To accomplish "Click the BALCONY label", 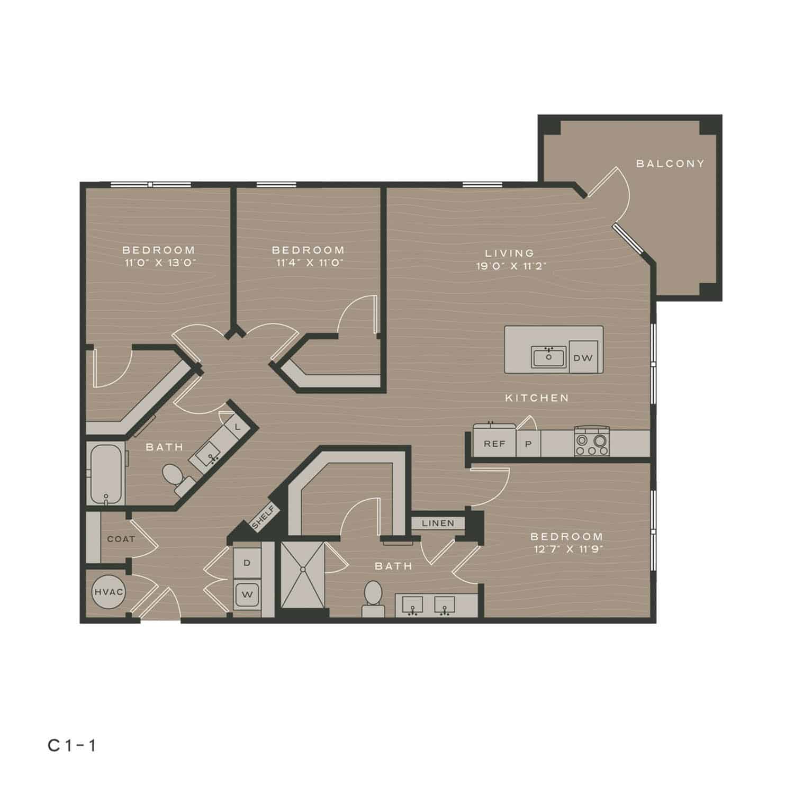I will (670, 164).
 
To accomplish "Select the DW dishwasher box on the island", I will (583, 358).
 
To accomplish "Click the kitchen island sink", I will (549, 357).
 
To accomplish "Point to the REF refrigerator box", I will (494, 444).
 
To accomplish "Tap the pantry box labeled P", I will (528, 444).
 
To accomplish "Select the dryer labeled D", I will (247, 563).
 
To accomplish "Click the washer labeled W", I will (247, 594).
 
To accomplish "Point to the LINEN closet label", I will (438, 523).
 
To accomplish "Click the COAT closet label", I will (121, 539).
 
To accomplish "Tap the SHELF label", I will (263, 517).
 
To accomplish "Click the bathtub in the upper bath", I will (106, 474).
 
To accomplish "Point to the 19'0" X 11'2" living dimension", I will (511, 266).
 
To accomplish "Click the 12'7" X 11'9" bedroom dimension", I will (567, 549).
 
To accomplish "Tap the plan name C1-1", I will (72, 746).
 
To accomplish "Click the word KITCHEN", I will (537, 398).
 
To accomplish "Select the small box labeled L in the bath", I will (237, 426).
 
